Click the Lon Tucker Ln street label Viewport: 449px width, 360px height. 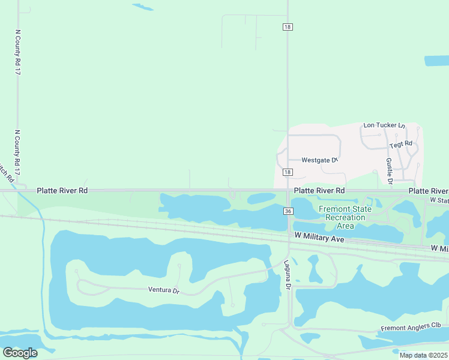point(384,125)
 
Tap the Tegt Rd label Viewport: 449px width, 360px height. point(401,144)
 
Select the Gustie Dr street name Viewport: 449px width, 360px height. point(389,170)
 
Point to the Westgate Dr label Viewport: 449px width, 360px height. point(320,160)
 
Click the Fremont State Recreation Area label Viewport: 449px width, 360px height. point(345,217)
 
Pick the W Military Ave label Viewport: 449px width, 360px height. point(319,238)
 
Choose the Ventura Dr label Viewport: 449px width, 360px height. point(164,290)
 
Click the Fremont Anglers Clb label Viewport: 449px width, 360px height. point(411,327)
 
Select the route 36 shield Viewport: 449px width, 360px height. point(288,211)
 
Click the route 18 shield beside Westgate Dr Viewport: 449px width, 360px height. point(288,172)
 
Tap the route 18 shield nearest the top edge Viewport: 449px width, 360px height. point(288,26)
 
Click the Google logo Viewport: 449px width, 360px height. point(20,353)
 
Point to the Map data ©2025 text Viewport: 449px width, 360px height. point(423,355)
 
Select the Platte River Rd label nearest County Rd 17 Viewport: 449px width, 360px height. point(62,190)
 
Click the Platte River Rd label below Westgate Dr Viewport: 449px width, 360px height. point(319,190)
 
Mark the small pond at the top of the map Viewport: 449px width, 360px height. point(143,7)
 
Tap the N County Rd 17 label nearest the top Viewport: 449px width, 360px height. point(18,52)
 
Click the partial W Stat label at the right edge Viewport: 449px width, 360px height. point(439,200)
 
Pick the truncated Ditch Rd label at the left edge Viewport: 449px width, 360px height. point(6,172)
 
